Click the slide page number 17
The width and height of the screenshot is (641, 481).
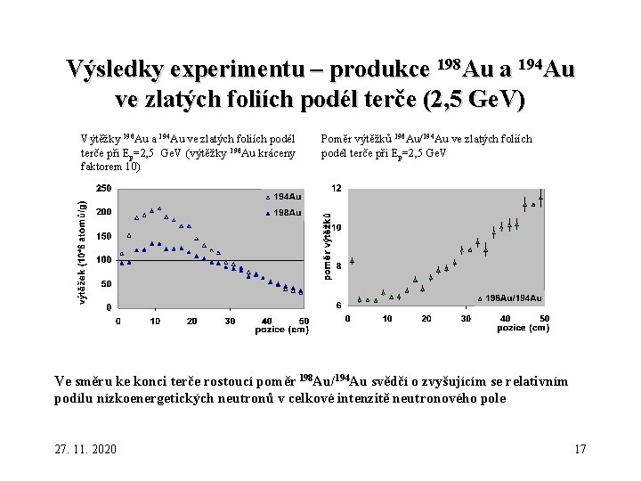(x=580, y=448)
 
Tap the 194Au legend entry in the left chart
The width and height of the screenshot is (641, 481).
(x=285, y=196)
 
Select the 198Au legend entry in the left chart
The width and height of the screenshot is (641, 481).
(x=285, y=212)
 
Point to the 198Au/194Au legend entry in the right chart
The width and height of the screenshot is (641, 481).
(x=513, y=298)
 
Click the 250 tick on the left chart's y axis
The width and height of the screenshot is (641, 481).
(x=103, y=188)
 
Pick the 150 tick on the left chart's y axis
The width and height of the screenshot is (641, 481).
(x=103, y=236)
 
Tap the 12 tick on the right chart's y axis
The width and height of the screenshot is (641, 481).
(x=336, y=188)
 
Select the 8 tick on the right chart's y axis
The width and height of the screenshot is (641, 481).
(x=337, y=266)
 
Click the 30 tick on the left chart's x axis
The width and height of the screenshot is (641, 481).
(x=231, y=322)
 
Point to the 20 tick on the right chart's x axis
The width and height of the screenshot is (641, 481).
(x=426, y=318)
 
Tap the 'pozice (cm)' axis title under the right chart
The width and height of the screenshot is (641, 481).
(x=523, y=328)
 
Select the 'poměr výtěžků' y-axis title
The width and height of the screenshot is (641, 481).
(x=327, y=246)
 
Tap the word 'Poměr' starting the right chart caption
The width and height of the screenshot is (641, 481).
(x=339, y=139)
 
